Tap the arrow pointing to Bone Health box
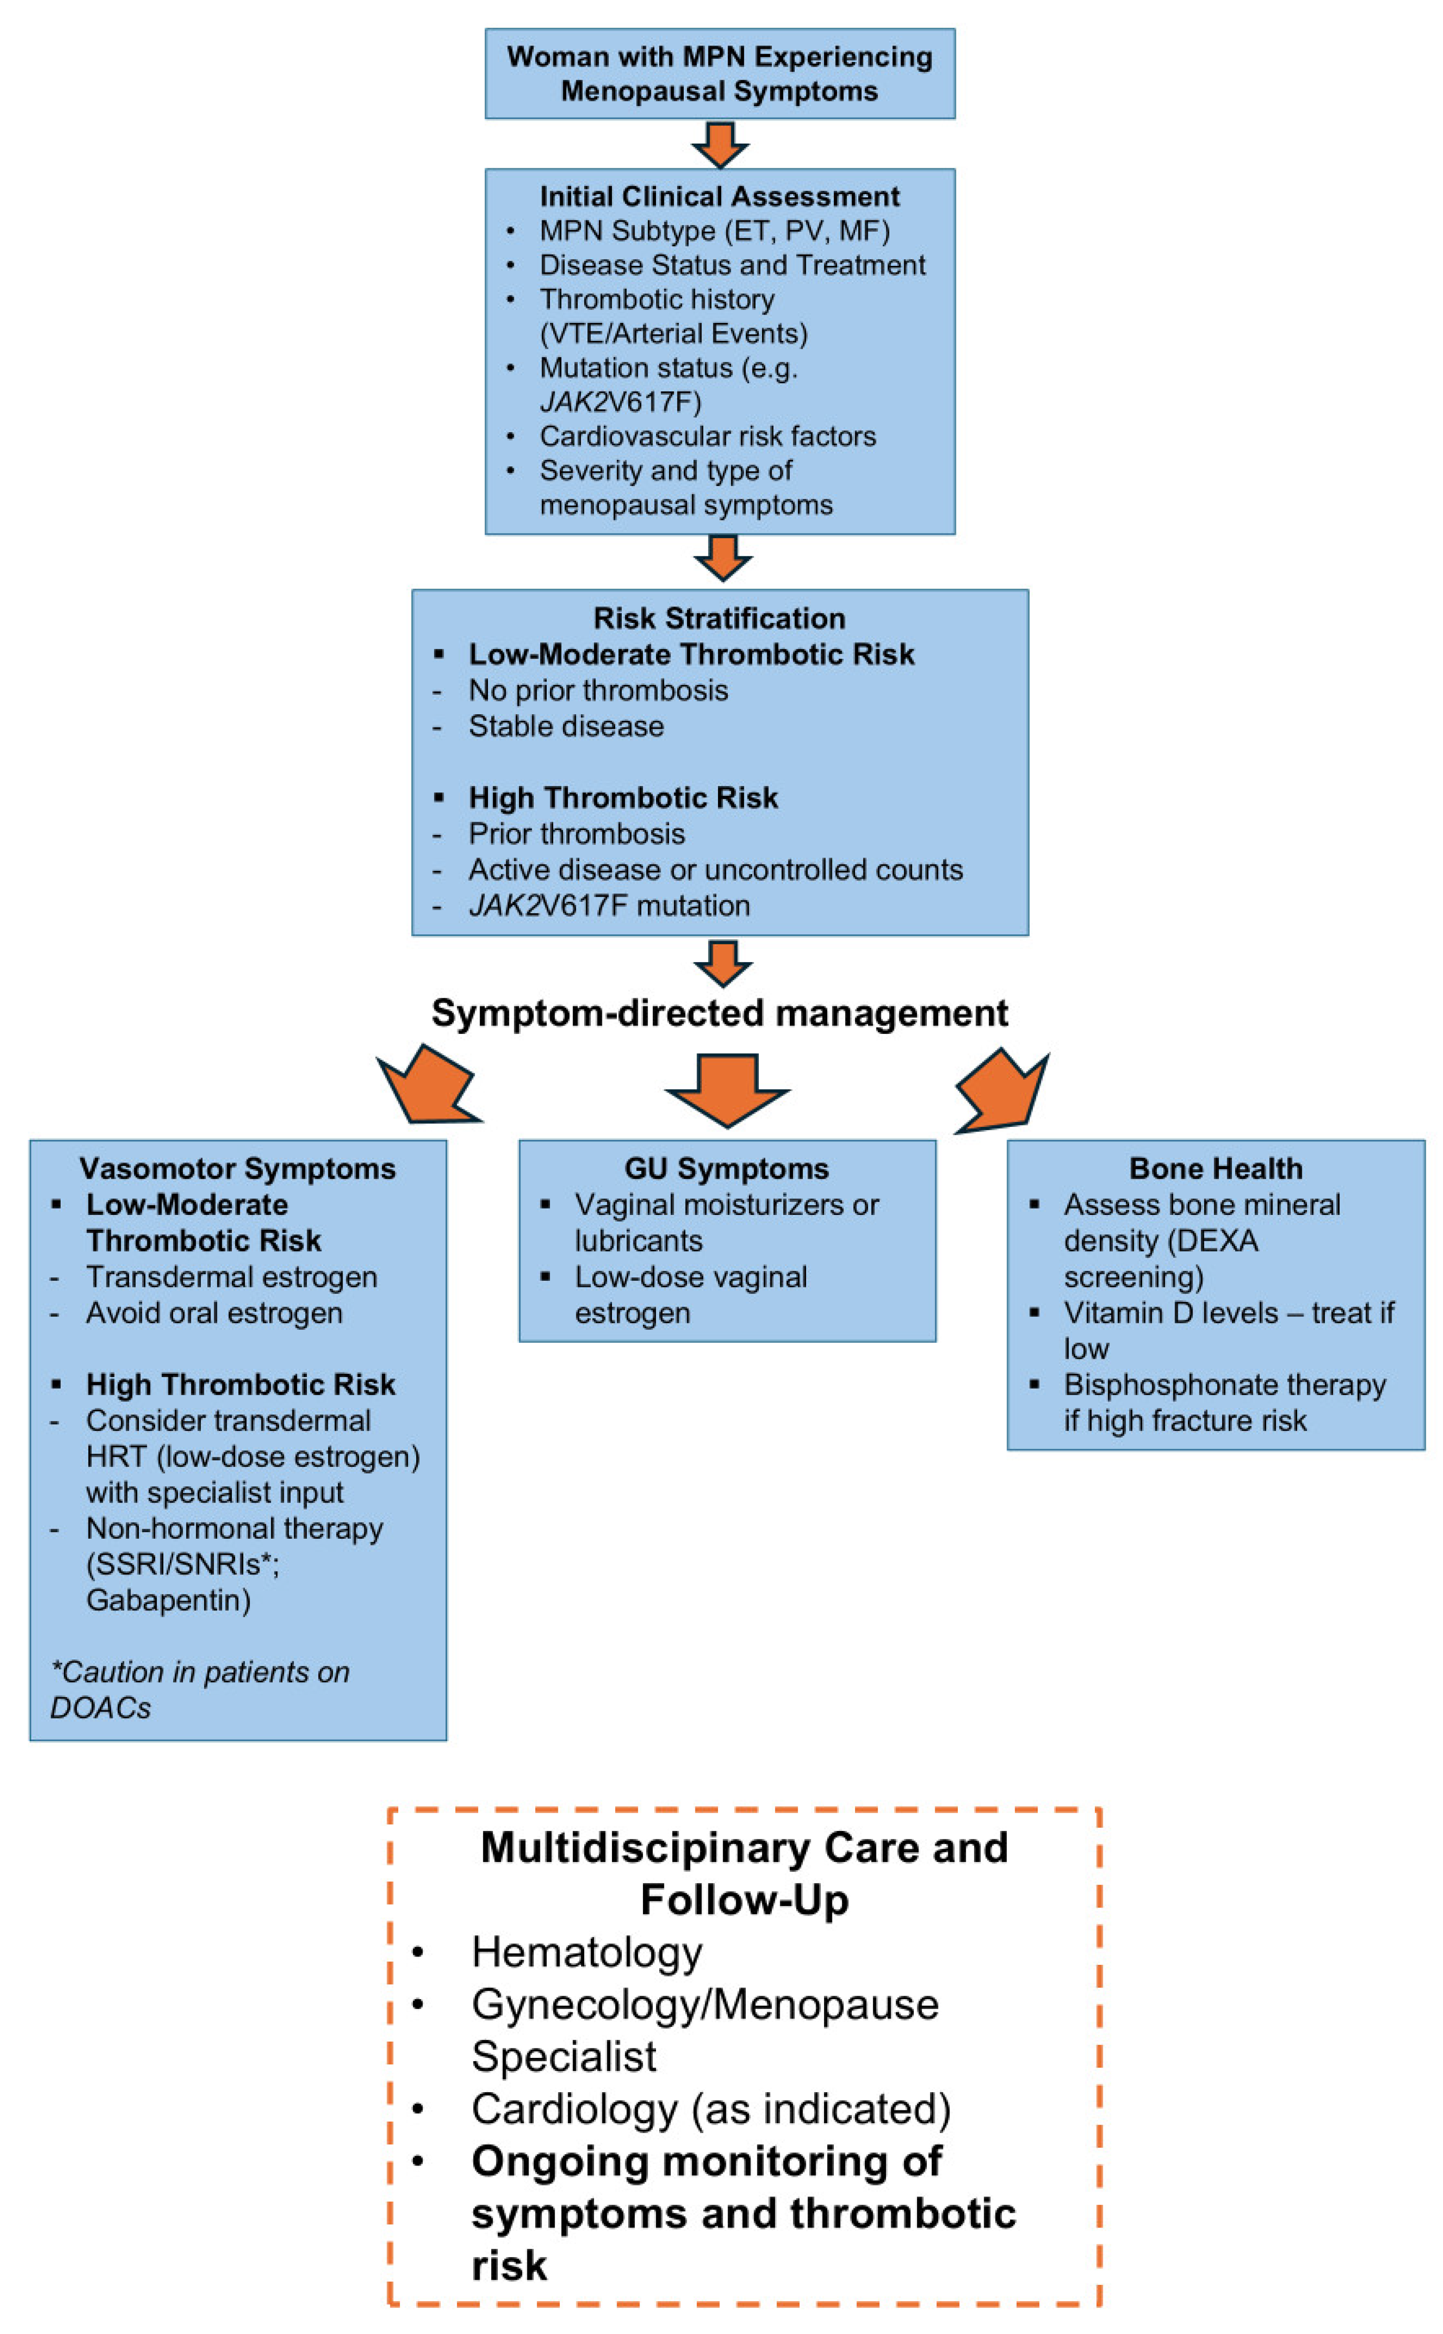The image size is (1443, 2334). coord(1004,1093)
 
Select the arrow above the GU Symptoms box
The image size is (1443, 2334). coord(727,1088)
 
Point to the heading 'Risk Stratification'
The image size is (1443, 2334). coord(719,618)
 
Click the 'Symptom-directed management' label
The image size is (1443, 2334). coord(719,1013)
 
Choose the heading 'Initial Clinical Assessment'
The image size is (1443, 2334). coord(719,197)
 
